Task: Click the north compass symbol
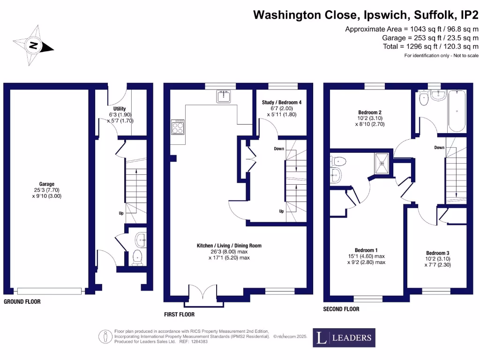pos(34,45)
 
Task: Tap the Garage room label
pos(47,184)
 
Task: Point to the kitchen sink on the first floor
pos(224,97)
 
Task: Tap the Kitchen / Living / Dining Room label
pos(229,245)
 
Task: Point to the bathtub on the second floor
pos(456,112)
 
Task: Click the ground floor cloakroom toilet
pos(137,257)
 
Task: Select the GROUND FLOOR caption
pos(22,302)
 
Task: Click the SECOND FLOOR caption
pos(341,309)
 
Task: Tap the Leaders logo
pos(344,337)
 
